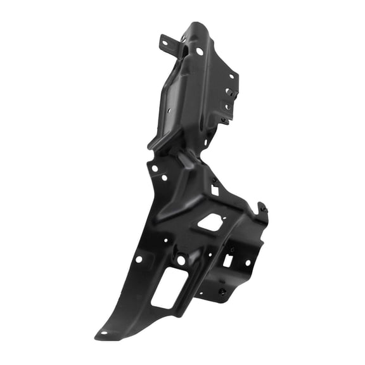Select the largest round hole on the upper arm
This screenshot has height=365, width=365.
point(200,51)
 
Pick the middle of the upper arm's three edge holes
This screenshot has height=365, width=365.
point(229,93)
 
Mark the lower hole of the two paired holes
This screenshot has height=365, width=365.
point(165,177)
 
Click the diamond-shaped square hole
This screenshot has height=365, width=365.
point(215,189)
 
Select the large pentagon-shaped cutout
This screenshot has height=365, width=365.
point(210,222)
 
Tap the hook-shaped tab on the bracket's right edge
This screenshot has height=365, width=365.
point(262,208)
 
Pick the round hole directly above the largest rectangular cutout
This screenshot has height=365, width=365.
point(181,260)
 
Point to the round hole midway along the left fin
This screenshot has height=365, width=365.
point(139,259)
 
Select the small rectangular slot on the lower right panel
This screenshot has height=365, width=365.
point(227,260)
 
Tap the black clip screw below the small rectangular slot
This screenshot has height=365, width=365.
point(222,292)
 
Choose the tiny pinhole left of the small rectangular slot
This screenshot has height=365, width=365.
point(210,255)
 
